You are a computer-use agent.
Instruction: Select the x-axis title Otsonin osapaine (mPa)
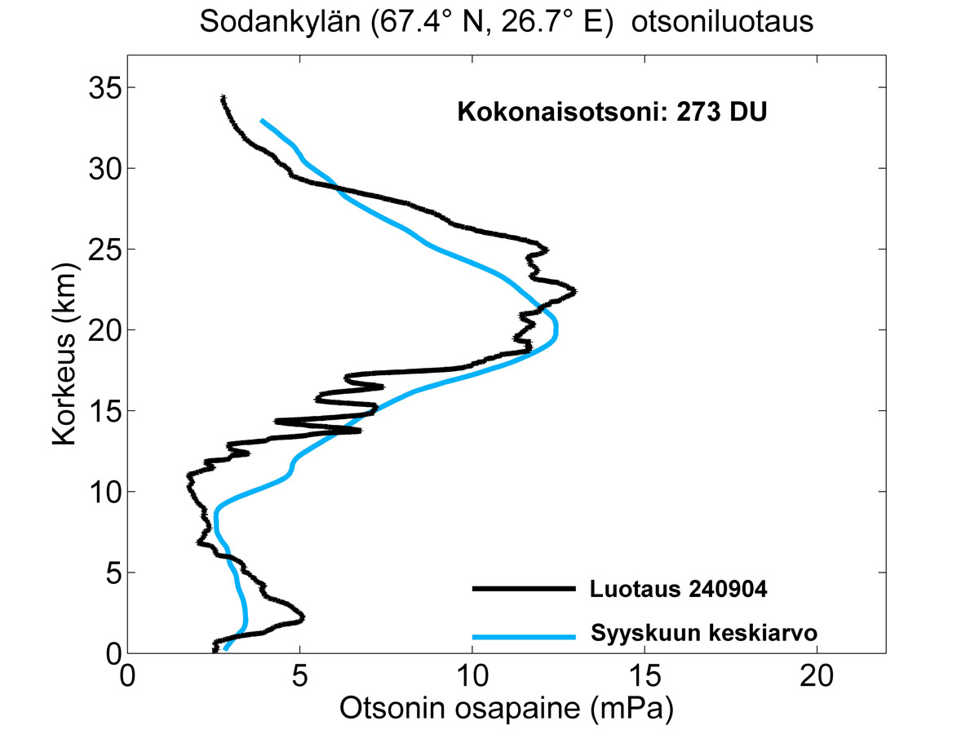tap(506, 710)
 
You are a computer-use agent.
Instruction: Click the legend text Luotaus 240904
tap(677, 590)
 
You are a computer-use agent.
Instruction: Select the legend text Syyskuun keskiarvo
tap(702, 633)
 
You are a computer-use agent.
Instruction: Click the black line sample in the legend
tap(523, 588)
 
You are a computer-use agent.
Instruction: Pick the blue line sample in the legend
tap(523, 635)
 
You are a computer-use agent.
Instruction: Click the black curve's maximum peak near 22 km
tap(574, 291)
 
